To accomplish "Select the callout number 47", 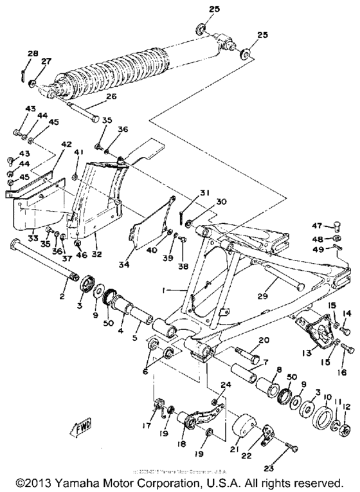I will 316,226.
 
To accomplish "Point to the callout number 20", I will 264,340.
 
